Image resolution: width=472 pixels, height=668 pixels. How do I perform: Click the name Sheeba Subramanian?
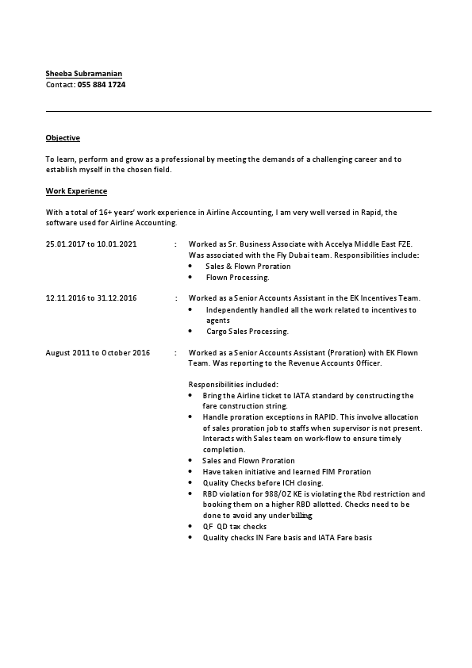point(84,73)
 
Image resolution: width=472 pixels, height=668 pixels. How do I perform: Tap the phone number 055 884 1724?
point(102,84)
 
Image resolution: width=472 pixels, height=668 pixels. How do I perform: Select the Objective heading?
point(63,138)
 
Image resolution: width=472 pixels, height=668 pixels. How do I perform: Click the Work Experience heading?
point(76,191)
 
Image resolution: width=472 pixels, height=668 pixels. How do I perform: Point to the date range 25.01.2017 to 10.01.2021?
point(91,244)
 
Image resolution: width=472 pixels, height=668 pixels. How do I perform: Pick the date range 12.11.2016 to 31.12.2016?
point(91,298)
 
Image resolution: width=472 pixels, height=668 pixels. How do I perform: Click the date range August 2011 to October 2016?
point(98,352)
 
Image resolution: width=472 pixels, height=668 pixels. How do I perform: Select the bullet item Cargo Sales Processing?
point(247,331)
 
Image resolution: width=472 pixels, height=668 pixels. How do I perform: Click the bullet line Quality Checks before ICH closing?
point(263,482)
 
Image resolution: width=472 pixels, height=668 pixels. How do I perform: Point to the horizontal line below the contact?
point(238,111)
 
